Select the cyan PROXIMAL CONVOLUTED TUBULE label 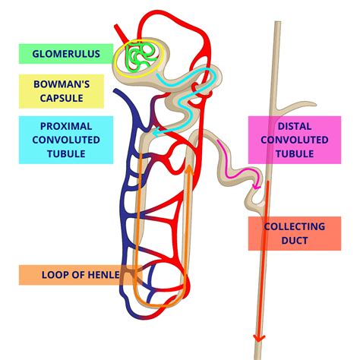pos(66,140)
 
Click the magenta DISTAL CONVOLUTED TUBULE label pos(293,140)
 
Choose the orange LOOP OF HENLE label pos(70,275)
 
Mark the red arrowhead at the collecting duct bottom pos(260,339)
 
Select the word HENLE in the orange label pos(100,275)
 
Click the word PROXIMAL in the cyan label pos(66,125)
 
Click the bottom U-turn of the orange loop pos(159,302)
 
